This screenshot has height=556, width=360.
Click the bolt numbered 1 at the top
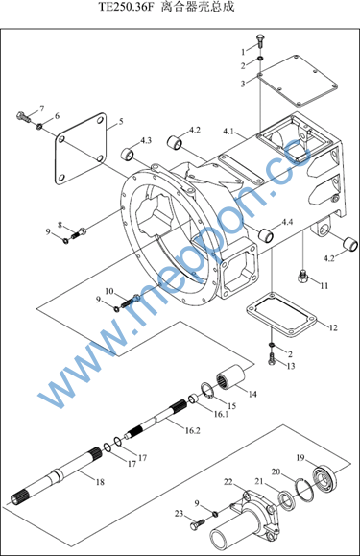point(260,42)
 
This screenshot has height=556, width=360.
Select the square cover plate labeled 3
point(298,81)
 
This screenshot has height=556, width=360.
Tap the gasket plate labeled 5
point(81,149)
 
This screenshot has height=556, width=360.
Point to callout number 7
point(42,109)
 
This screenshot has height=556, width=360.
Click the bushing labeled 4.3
point(128,154)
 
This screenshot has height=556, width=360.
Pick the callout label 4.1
point(228,132)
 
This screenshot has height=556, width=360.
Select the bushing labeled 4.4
point(266,235)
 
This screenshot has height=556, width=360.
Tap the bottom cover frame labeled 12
point(280,316)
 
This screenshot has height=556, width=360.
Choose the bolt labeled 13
point(272,359)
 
